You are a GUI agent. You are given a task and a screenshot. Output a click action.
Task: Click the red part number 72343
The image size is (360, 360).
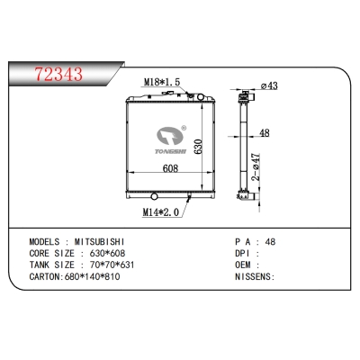click(x=58, y=74)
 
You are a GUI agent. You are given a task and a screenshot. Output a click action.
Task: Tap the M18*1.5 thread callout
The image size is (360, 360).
click(x=162, y=81)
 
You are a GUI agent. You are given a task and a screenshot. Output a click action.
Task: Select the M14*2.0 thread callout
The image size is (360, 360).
click(x=160, y=212)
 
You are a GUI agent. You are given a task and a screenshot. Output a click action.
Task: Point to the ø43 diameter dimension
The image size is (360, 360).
click(x=269, y=85)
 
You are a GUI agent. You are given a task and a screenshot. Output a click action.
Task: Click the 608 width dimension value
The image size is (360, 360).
click(x=170, y=168)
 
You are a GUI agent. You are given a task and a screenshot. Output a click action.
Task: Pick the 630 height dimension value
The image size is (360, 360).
click(x=198, y=147)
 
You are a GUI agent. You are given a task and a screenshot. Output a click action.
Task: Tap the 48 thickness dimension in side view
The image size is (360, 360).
click(x=264, y=132)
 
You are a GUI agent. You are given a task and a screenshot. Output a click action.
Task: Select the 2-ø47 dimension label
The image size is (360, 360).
click(x=256, y=166)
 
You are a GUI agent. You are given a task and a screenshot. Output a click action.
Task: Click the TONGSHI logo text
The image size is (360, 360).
click(x=170, y=151)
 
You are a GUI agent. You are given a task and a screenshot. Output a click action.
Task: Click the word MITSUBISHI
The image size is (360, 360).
click(x=100, y=242)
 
